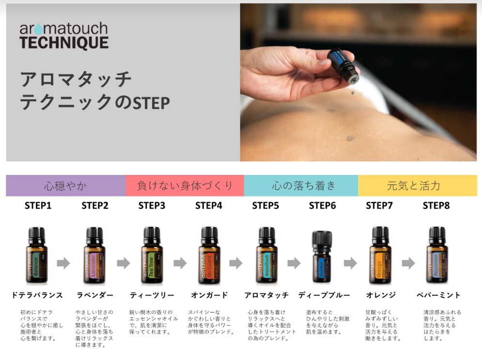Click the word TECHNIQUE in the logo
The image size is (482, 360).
coord(64,43)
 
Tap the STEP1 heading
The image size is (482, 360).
coord(38,205)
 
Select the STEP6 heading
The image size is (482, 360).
coord(322,205)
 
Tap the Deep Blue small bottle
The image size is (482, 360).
coord(322,259)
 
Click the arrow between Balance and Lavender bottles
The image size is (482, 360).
coord(63,263)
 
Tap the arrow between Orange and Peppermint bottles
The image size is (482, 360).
coord(408,263)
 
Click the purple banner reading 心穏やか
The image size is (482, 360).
coord(65,186)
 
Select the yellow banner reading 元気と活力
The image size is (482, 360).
coord(417,186)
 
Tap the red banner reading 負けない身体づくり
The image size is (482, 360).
coord(185,186)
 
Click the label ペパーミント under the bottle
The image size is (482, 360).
coord(438,295)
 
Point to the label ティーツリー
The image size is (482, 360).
coord(152,295)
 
